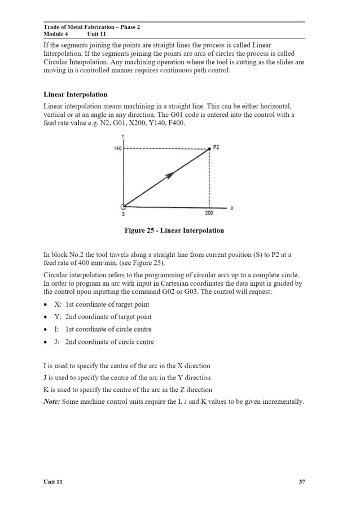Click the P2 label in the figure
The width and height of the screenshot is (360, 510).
click(217, 147)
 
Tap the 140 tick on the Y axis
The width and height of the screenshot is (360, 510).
click(117, 149)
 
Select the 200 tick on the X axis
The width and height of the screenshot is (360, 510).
click(209, 213)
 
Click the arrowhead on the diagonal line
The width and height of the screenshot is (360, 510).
click(168, 176)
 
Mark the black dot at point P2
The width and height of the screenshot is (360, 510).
click(210, 149)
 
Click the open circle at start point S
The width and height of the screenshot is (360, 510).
click(124, 206)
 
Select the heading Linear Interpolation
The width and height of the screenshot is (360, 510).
click(75, 94)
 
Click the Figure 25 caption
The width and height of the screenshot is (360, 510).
click(174, 230)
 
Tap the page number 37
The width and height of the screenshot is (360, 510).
click(302, 482)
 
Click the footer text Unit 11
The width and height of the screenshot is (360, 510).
click(53, 482)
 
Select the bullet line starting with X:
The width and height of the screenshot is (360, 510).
click(102, 304)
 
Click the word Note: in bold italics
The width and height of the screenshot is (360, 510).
click(53, 402)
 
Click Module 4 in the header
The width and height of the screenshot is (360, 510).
click(55, 34)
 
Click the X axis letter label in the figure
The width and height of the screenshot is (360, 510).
click(232, 208)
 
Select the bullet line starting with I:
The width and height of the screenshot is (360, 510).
click(102, 329)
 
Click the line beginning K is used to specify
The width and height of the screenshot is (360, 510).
click(128, 390)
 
